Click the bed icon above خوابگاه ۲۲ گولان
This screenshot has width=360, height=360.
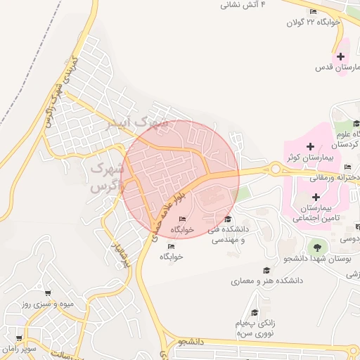click(313, 11)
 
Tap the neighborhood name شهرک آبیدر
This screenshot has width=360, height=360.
click(137, 124)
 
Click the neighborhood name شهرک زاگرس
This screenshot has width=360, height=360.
click(107, 179)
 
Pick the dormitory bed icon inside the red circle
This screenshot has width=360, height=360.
click(183, 220)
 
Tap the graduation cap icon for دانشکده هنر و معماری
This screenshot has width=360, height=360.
click(266, 270)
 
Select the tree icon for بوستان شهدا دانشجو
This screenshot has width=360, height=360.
click(316, 247)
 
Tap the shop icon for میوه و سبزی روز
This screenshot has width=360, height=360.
click(48, 294)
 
